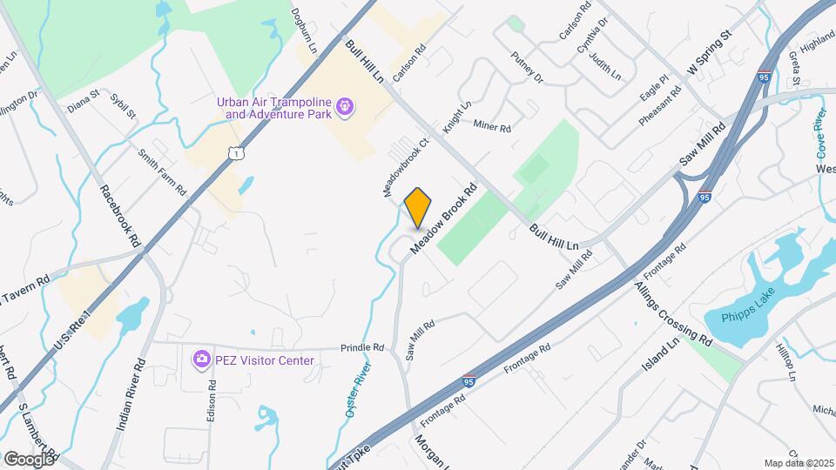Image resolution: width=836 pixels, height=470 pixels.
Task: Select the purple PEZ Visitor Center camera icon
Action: coord(201,359)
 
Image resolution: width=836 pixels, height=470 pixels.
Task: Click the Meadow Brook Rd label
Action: coord(446,218)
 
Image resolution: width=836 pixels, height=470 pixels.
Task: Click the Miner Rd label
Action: coord(491,127)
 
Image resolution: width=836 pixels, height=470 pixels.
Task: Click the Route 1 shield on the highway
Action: coord(234,153)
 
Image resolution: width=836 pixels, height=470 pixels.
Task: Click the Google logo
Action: coord(29,458)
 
